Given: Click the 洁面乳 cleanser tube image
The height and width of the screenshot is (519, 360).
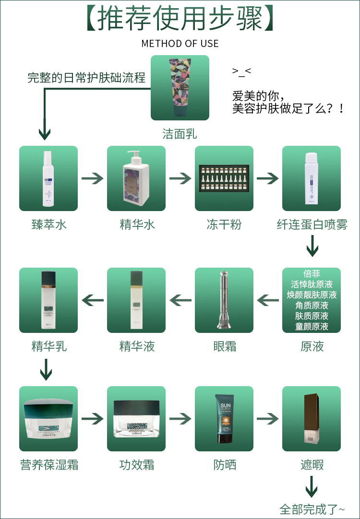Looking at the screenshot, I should click(x=180, y=88).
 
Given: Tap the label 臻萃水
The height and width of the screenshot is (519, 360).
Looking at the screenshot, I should click(x=49, y=224).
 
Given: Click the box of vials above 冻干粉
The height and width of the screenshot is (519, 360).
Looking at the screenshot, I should click(x=224, y=179).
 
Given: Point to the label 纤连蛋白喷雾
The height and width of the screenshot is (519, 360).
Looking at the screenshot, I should click(x=312, y=224).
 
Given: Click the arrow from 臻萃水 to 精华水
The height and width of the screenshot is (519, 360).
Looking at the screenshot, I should click(x=93, y=179).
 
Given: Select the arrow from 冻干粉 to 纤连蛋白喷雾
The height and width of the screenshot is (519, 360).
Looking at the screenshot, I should click(x=268, y=179).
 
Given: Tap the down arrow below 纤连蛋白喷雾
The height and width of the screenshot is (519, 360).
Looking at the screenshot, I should click(x=312, y=248).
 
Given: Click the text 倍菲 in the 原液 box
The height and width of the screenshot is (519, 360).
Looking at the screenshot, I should click(x=312, y=274).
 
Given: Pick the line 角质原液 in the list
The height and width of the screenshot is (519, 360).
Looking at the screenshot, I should click(x=312, y=306).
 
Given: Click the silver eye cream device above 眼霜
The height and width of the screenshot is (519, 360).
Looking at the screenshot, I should click(x=224, y=300).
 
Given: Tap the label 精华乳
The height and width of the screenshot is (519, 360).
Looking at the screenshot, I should click(x=49, y=346).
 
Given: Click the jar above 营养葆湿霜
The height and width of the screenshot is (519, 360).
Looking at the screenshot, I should click(x=48, y=418).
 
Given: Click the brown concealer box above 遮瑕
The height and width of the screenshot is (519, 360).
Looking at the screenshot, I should click(x=312, y=418).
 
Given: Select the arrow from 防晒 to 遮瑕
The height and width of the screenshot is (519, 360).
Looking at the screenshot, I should click(x=268, y=418).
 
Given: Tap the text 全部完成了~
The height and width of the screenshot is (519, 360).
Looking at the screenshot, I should click(x=312, y=509).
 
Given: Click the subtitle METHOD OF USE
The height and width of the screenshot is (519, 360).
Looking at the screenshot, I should click(x=180, y=44).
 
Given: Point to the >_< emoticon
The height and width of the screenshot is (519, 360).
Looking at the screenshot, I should click(x=241, y=71).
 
